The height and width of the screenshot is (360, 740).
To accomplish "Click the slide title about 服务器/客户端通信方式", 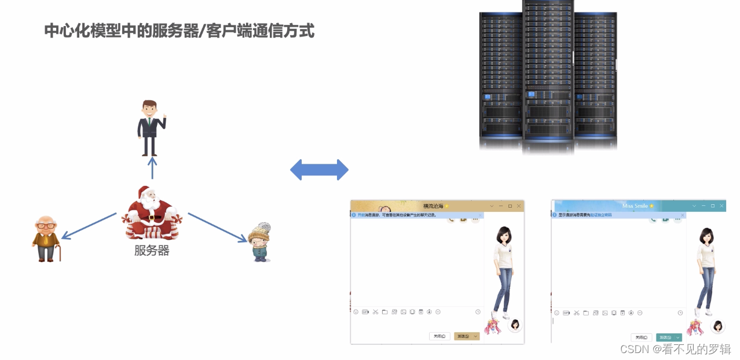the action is click(x=179, y=31).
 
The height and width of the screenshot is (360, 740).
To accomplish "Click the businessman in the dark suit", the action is click(x=151, y=127).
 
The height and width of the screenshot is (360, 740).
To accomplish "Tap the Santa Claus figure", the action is click(x=151, y=212).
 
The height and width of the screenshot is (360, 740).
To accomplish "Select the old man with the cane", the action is click(x=46, y=239).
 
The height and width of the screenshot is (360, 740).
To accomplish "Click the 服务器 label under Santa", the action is click(x=152, y=251).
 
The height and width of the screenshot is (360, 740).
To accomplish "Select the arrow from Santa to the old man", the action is click(x=89, y=226).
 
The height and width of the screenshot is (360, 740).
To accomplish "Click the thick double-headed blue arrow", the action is click(x=319, y=170).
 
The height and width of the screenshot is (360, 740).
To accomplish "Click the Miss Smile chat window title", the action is click(x=635, y=206).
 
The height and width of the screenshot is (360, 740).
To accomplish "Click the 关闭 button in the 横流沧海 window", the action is click(x=439, y=336).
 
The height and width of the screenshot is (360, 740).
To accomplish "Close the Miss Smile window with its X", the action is click(x=721, y=206).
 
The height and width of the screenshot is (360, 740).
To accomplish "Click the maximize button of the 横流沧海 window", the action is click(x=510, y=206).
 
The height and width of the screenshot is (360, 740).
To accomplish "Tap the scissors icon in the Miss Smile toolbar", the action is click(x=577, y=313).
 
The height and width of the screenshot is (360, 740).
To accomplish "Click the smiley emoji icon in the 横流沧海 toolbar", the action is click(x=356, y=312).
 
